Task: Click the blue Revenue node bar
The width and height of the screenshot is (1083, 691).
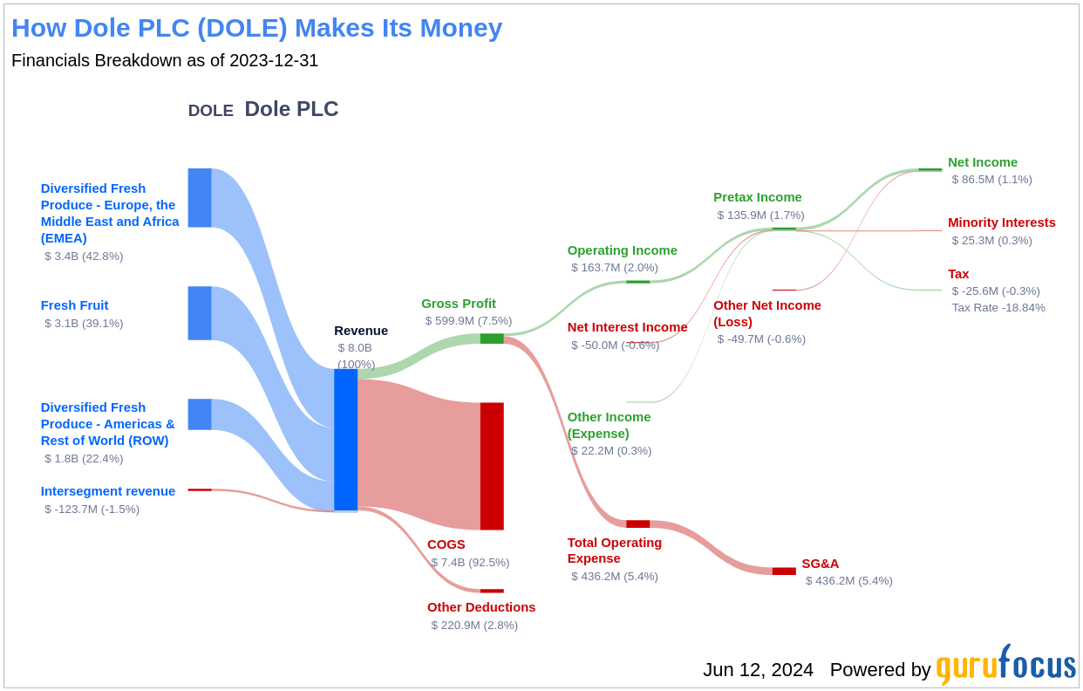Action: tap(345, 440)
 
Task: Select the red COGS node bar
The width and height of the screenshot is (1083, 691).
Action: tap(492, 466)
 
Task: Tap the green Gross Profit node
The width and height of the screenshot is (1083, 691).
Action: tap(492, 339)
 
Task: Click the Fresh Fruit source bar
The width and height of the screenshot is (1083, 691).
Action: tap(200, 313)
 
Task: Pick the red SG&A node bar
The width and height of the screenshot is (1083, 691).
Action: tap(784, 571)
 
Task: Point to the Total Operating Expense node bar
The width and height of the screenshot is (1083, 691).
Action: tap(637, 524)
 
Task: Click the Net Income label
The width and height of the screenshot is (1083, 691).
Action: tap(982, 162)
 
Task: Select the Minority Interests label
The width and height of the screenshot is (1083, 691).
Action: tap(1001, 222)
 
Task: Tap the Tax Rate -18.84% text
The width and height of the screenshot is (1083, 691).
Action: tap(998, 308)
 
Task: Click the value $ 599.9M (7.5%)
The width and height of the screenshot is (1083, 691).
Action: tap(468, 321)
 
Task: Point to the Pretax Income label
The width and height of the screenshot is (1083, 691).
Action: tap(757, 197)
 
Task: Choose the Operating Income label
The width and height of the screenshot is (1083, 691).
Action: tap(622, 250)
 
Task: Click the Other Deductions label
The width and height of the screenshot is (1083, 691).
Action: tap(480, 607)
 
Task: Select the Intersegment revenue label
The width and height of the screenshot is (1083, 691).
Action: tap(107, 491)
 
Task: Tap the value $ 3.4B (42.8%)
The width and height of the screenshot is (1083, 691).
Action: tap(84, 257)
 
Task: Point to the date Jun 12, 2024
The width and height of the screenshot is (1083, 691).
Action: tap(758, 670)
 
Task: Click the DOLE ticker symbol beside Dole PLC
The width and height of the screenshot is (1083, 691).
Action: tap(210, 111)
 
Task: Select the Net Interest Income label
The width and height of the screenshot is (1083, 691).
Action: tap(627, 327)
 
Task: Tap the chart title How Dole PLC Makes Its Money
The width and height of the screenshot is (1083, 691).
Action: tap(256, 28)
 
